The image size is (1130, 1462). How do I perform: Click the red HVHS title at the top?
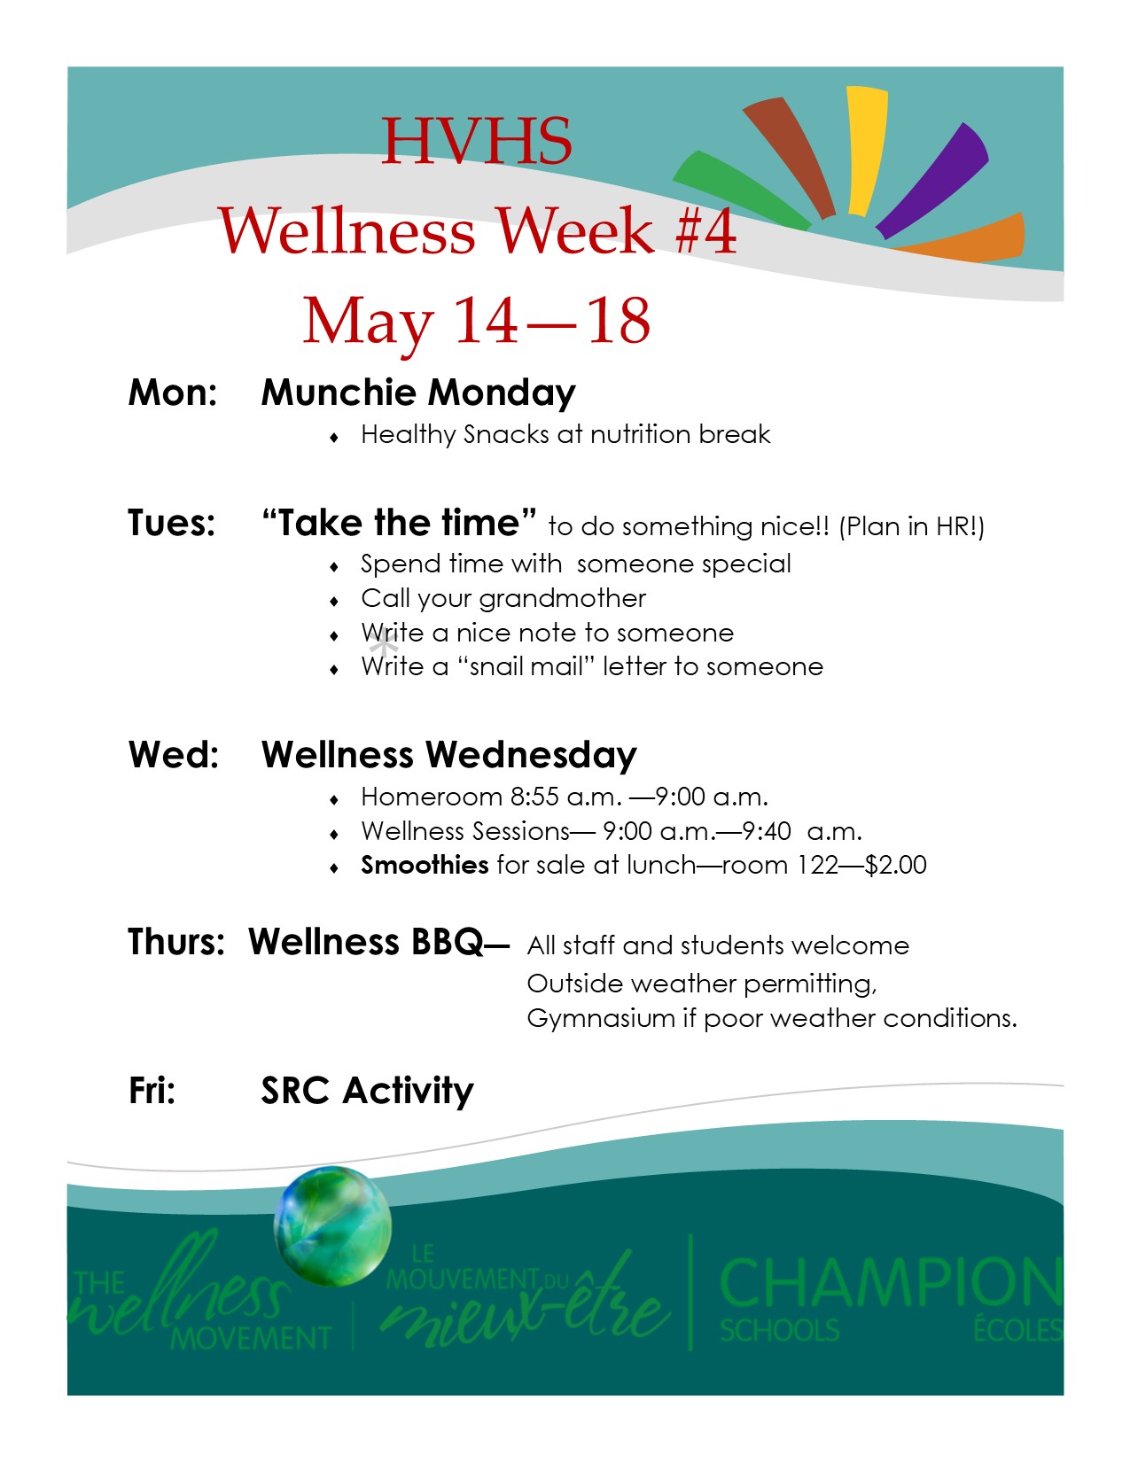[x=477, y=141]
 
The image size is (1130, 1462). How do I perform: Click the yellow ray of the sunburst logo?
[x=867, y=152]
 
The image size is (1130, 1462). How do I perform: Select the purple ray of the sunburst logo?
[x=933, y=180]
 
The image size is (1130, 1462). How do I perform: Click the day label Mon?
[x=173, y=393]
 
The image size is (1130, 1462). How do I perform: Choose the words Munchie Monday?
[x=418, y=393]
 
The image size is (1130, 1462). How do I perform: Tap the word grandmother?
[x=563, y=598]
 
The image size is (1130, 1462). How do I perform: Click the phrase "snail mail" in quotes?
[x=526, y=666]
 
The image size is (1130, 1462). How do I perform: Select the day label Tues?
[x=172, y=523]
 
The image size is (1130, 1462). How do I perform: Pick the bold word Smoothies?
[x=425, y=865]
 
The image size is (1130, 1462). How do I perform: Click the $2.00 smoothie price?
[x=896, y=865]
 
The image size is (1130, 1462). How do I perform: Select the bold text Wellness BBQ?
[x=365, y=942]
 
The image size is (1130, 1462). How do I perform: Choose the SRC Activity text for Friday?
[x=368, y=1091]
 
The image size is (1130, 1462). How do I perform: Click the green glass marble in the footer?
[x=332, y=1225]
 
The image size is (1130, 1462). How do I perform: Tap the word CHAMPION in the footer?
[x=891, y=1282]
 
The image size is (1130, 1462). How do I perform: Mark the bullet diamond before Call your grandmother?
[x=334, y=601]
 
